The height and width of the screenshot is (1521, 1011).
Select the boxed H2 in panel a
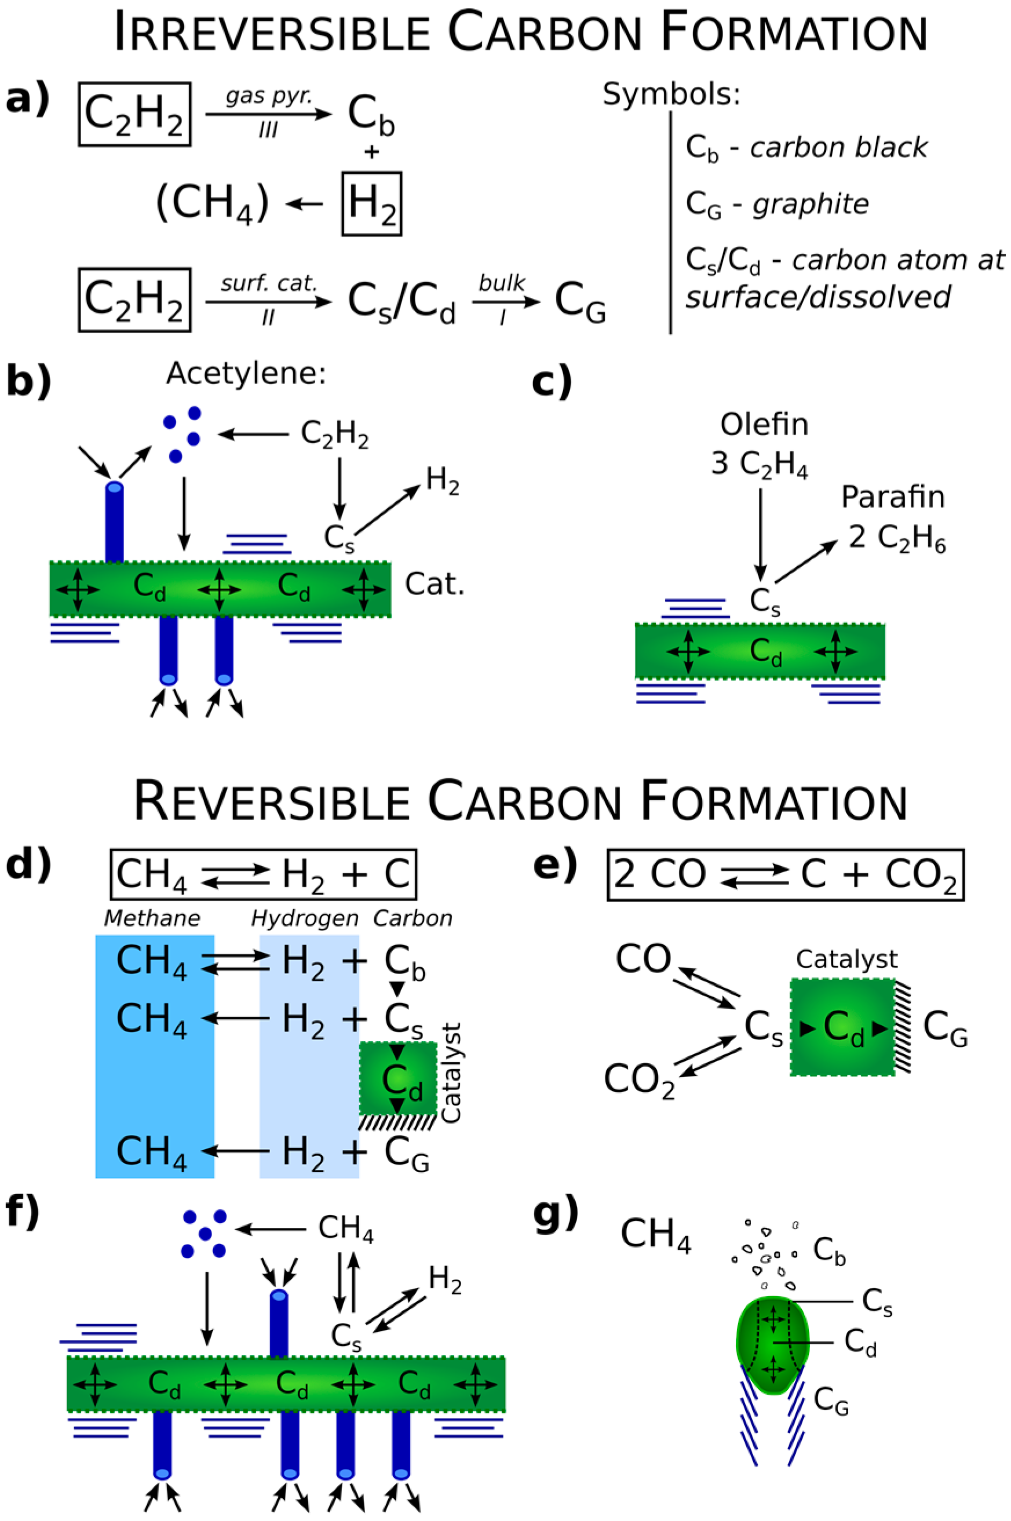(371, 204)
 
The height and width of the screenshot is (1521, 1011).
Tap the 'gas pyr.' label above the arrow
(268, 96)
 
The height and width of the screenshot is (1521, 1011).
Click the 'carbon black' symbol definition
(838, 148)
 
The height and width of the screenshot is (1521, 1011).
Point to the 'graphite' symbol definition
(811, 205)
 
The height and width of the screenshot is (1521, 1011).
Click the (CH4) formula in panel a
(212, 204)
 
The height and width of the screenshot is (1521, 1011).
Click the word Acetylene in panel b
(246, 373)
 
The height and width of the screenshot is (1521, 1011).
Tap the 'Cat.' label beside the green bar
(434, 584)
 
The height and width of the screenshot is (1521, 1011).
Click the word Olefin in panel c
(764, 424)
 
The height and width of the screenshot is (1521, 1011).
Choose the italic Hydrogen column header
(304, 918)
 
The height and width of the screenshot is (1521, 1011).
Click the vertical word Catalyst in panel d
(451, 1073)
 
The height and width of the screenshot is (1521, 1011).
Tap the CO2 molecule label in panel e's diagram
(639, 1081)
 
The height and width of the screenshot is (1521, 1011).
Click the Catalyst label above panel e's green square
(846, 960)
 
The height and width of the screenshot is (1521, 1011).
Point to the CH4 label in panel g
(655, 1234)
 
